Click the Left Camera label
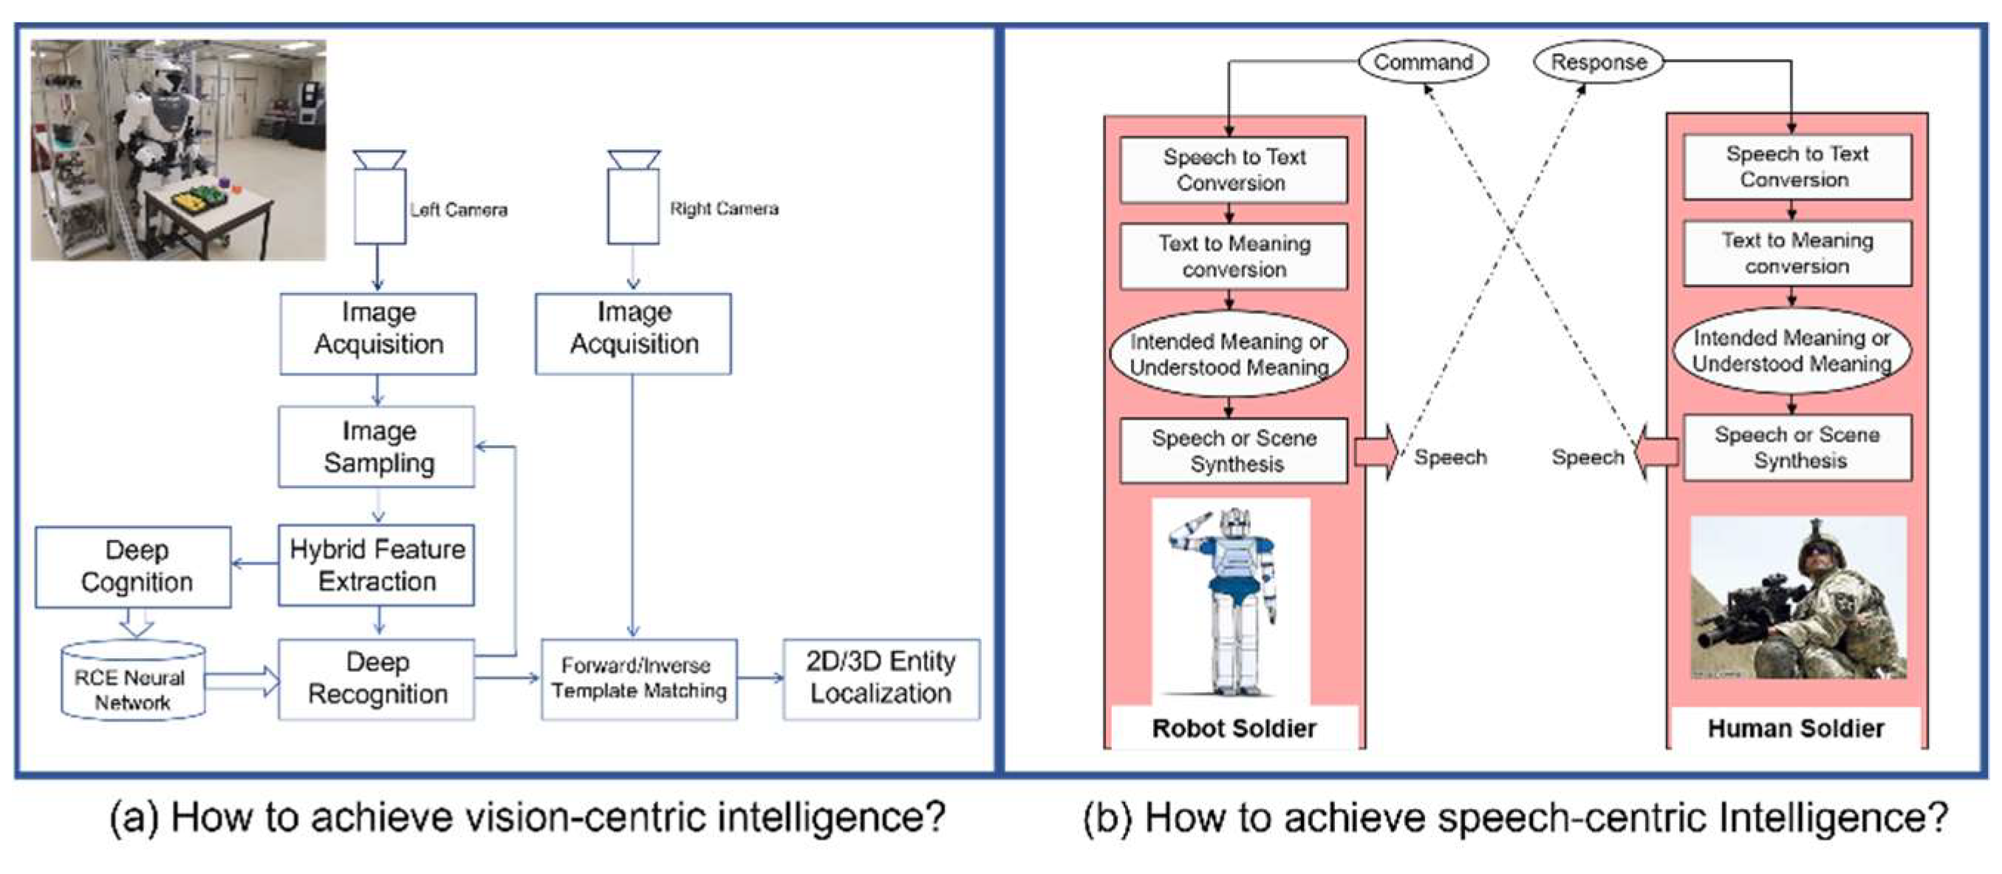(459, 210)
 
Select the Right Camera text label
(723, 209)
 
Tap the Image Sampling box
(377, 447)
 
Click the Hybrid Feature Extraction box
(377, 566)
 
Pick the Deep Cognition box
(134, 567)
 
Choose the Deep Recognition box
(377, 678)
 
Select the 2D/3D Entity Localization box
(881, 678)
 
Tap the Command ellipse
(1423, 62)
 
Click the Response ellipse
(1598, 62)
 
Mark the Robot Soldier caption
(1234, 728)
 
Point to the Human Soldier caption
(1795, 728)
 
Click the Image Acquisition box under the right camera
(633, 333)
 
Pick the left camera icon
(379, 198)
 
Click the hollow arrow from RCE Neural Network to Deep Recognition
(242, 681)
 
